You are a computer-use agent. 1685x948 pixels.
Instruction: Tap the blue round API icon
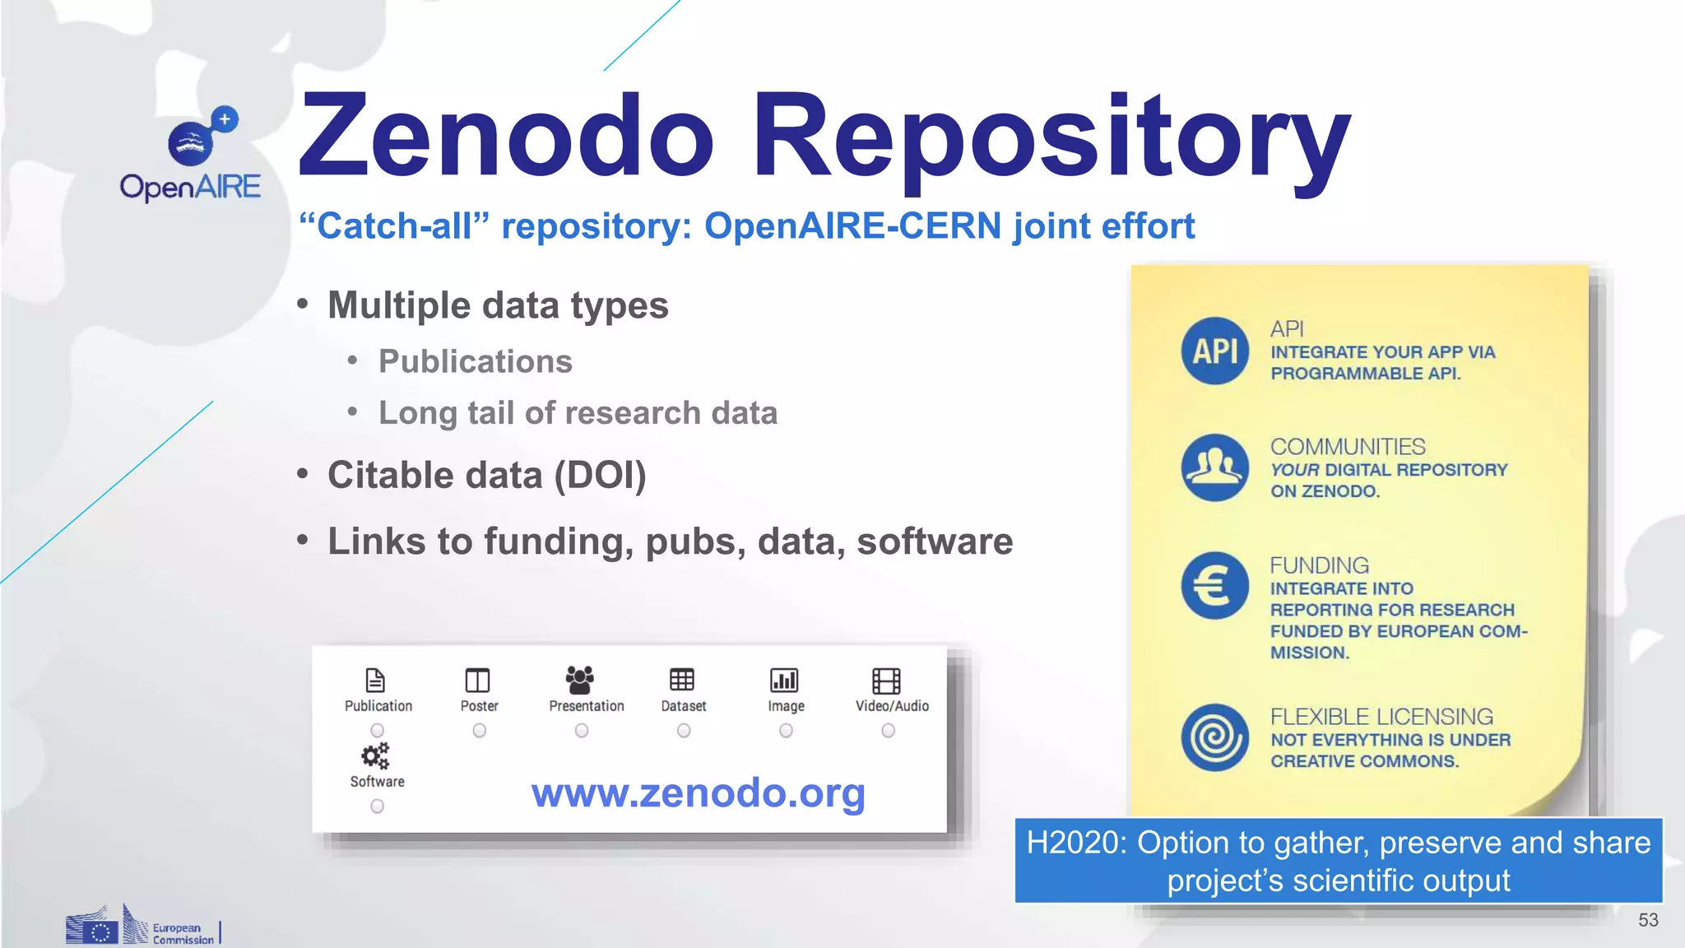coord(1215,351)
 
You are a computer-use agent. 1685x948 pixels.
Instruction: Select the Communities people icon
coord(1215,467)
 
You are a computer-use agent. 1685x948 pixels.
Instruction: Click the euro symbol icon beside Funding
coord(1215,586)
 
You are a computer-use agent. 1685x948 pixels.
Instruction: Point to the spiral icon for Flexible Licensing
coord(1215,737)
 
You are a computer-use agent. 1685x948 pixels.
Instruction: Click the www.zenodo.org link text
coord(698,793)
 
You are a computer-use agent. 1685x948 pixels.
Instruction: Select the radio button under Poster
coord(480,731)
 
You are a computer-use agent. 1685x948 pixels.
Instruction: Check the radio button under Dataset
coord(684,731)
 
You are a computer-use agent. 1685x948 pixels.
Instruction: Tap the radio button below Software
coord(377,806)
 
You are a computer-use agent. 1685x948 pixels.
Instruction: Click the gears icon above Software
coord(376,755)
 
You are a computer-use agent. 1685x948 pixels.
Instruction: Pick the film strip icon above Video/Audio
coord(886,681)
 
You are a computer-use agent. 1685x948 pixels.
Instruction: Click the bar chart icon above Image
coord(784,681)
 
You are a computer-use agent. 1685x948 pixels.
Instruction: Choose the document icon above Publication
coord(375,681)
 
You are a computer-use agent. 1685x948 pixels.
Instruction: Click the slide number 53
coord(1648,920)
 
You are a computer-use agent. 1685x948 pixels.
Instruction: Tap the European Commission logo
coord(142,927)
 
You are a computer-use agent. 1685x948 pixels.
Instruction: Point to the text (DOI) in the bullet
coord(600,476)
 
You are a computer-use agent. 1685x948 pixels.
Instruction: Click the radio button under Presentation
coord(582,731)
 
